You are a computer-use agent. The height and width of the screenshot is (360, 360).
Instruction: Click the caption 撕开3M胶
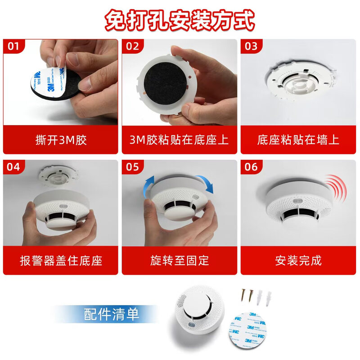tap(60, 139)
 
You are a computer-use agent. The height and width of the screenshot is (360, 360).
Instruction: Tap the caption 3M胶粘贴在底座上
tap(179, 139)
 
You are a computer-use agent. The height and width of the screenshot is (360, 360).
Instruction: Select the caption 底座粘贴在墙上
tap(298, 139)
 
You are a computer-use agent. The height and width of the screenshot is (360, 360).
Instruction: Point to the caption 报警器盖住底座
tap(60, 260)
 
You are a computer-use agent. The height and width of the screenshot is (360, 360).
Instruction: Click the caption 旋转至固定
tap(179, 260)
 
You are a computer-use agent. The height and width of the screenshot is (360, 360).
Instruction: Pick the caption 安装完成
tap(298, 260)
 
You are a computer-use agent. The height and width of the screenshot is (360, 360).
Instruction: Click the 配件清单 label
tap(112, 314)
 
